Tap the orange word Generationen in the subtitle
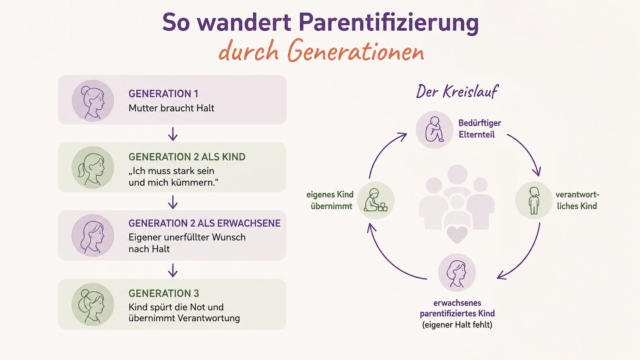(356, 50)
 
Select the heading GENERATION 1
(163, 94)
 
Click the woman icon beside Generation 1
(93, 101)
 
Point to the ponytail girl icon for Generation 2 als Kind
(93, 168)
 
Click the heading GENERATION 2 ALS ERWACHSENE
(204, 223)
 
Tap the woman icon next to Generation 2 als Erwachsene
(93, 236)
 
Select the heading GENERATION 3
(164, 293)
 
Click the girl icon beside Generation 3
(93, 304)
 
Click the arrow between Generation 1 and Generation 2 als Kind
(173, 134)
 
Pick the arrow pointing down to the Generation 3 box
(173, 270)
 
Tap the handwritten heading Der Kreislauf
(457, 91)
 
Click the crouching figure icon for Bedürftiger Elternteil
(434, 130)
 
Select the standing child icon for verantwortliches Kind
(534, 200)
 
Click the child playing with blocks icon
(376, 200)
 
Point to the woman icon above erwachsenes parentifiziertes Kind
(457, 273)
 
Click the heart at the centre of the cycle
(457, 235)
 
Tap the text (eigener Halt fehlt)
(457, 325)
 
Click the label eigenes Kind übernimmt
(330, 200)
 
